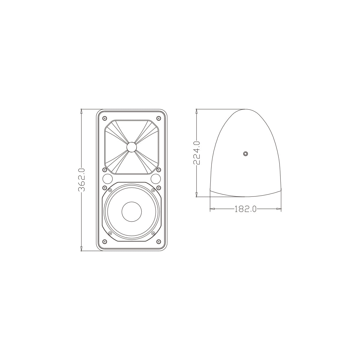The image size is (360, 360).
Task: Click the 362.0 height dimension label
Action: [82, 180]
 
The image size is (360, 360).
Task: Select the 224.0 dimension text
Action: [196, 153]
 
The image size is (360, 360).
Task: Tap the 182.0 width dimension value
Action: [245, 209]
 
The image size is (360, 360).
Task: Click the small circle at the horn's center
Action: [131, 147]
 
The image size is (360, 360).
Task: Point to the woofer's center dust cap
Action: [131, 211]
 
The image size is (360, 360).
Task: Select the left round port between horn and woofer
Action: [107, 179]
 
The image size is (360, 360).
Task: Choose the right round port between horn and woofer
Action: [155, 179]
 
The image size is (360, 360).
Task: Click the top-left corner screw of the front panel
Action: [104, 118]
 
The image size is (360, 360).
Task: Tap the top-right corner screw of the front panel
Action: [158, 118]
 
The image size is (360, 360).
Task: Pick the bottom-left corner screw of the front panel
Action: [104, 241]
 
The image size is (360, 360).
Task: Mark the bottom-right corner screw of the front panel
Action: [158, 241]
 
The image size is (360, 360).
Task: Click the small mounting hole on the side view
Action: [245, 154]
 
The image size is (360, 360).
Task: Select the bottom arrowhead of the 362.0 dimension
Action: [82, 249]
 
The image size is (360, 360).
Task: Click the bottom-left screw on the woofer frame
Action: [110, 233]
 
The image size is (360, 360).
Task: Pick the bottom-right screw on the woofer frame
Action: [153, 233]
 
